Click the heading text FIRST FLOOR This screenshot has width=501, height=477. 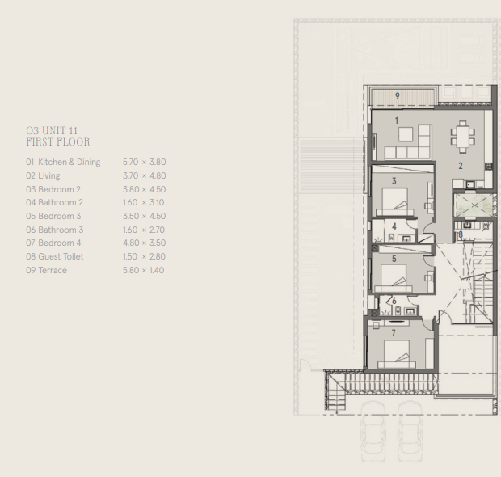pyautogui.click(x=57, y=142)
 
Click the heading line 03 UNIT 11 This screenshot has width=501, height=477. pyautogui.click(x=52, y=130)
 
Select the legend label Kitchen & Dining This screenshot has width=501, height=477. pyautogui.click(x=69, y=162)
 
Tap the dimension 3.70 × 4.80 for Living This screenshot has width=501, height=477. pyautogui.click(x=144, y=175)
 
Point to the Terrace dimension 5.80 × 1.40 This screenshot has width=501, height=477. pyautogui.click(x=144, y=270)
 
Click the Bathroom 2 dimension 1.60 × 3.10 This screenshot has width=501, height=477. pyautogui.click(x=144, y=202)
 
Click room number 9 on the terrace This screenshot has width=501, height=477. pyautogui.click(x=398, y=96)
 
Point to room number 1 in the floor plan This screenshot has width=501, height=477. pyautogui.click(x=397, y=120)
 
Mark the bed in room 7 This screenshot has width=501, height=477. pyautogui.click(x=396, y=353)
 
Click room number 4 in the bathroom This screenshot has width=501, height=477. pyautogui.click(x=394, y=226)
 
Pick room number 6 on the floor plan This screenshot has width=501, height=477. pyautogui.click(x=394, y=302)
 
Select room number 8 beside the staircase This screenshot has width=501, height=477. pyautogui.click(x=460, y=235)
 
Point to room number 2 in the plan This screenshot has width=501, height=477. pyautogui.click(x=460, y=166)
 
